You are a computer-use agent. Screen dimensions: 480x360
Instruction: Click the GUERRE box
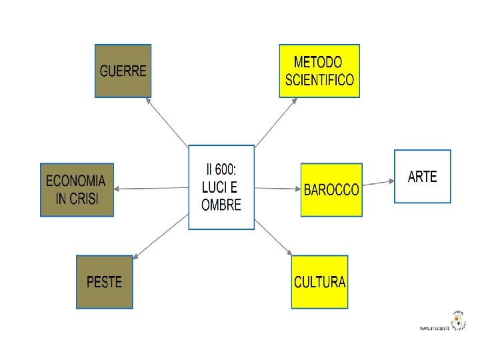pyautogui.click(x=123, y=71)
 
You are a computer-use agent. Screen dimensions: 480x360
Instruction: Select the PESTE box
pyautogui.click(x=104, y=281)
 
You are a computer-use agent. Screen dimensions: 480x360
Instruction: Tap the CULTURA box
pyautogui.click(x=319, y=281)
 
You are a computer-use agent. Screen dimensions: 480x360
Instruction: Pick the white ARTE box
pyautogui.click(x=422, y=176)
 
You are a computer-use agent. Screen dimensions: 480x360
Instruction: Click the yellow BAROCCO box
pyautogui.click(x=331, y=189)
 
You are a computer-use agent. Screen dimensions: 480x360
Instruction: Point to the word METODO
pyautogui.click(x=318, y=63)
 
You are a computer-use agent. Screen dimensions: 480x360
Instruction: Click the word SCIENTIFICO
pyautogui.click(x=319, y=81)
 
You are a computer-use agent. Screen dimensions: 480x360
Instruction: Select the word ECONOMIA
pyautogui.click(x=75, y=181)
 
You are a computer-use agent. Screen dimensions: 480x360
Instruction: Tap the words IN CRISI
pyautogui.click(x=76, y=199)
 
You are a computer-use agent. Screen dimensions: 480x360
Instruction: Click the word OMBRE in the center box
pyautogui.click(x=221, y=205)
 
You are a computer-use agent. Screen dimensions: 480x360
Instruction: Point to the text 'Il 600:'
pyautogui.click(x=221, y=169)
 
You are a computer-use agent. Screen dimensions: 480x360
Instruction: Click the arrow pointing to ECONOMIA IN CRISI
pyautogui.click(x=151, y=188)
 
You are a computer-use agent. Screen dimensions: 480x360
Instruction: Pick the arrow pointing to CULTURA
pyautogui.click(x=273, y=236)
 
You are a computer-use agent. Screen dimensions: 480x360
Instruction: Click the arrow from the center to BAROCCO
pyautogui.click(x=277, y=188)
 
